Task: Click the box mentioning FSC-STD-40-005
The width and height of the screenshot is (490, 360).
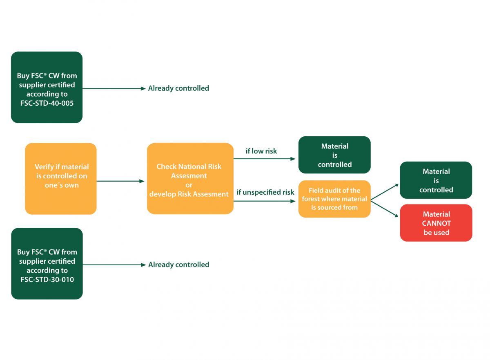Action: [x=47, y=87]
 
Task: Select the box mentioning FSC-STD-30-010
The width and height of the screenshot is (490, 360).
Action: [x=47, y=264]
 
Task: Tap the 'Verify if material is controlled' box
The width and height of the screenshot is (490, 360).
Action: [x=61, y=178]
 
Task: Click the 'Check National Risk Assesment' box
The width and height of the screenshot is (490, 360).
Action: [x=190, y=178]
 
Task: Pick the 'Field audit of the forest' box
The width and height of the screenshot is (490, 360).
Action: [x=334, y=199]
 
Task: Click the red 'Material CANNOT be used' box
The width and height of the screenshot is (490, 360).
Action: [x=436, y=223]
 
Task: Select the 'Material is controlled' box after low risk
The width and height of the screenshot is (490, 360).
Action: [x=334, y=155]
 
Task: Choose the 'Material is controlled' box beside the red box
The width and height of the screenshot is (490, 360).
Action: [x=436, y=180]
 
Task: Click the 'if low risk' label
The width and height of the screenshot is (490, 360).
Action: [x=261, y=151]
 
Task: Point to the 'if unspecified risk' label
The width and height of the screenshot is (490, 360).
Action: [x=265, y=192]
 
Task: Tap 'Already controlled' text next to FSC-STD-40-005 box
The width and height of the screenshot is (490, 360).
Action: [x=178, y=88]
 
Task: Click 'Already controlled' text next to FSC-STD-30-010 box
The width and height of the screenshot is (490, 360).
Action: [x=178, y=264]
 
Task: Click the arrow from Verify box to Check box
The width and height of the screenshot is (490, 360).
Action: [x=121, y=181]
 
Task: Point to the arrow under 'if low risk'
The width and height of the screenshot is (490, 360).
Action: [x=265, y=159]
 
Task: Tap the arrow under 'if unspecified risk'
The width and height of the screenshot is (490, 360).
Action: [x=265, y=201]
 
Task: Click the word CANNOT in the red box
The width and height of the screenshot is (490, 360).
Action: [x=436, y=223]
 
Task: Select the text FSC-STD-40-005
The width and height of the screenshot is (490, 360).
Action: [x=47, y=103]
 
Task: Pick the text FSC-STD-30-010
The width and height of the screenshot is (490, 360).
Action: [x=47, y=280]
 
